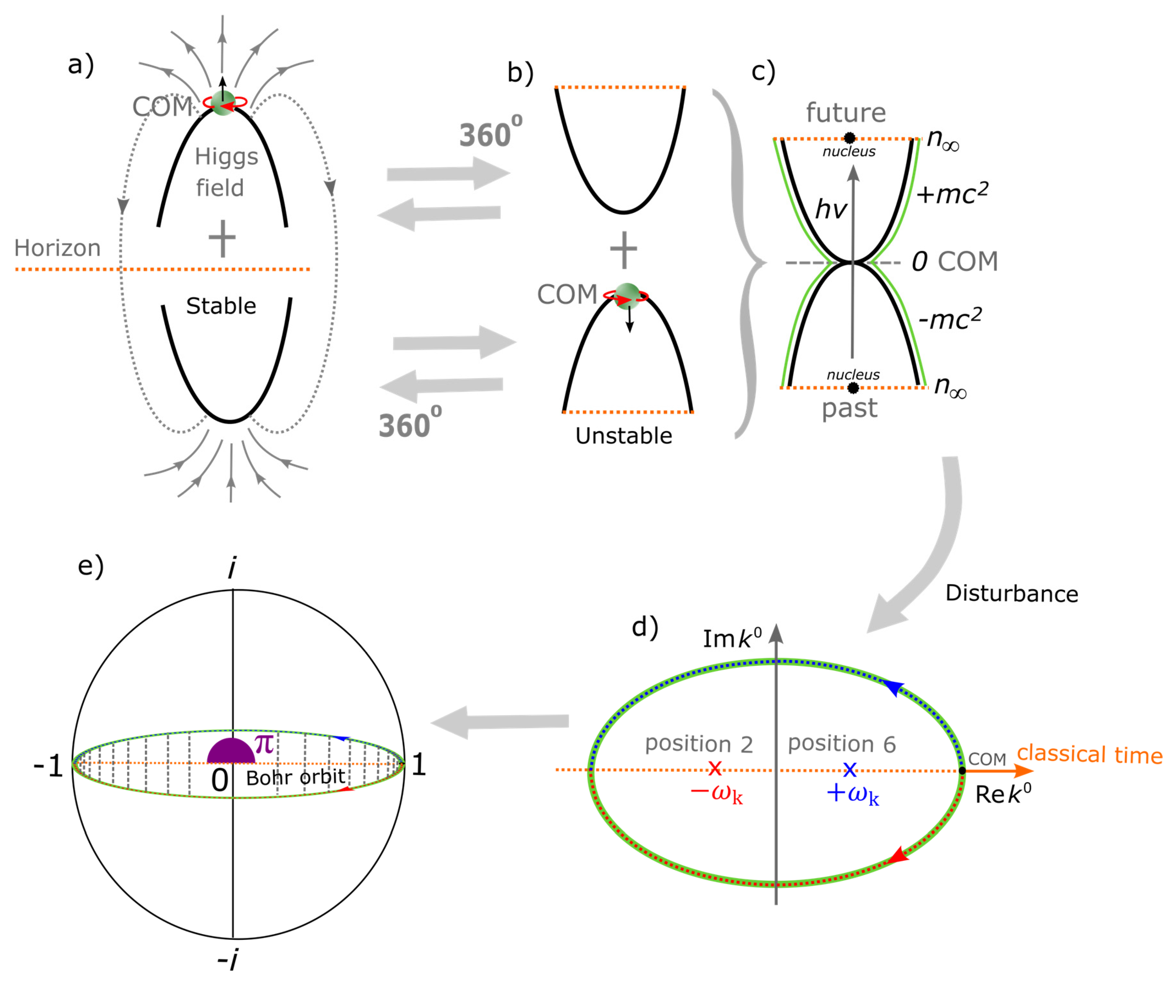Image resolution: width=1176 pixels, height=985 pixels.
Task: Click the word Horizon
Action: tap(57, 248)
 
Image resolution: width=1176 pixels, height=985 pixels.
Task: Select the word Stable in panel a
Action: tap(221, 306)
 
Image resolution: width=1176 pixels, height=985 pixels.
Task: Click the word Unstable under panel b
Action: tap(624, 436)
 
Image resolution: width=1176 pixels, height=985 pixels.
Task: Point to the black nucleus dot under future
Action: tap(849, 137)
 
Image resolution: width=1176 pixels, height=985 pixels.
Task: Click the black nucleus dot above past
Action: tap(853, 388)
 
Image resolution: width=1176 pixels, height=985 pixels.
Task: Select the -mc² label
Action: tap(950, 319)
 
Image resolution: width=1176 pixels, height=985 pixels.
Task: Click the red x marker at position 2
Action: tap(715, 768)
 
